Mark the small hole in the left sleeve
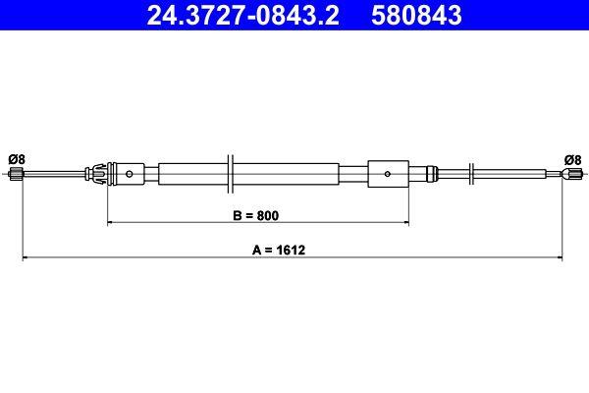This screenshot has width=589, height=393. (x=130, y=176)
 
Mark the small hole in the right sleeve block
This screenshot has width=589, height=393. (x=389, y=176)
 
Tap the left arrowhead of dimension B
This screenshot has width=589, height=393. (x=111, y=223)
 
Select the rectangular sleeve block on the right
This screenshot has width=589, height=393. (x=388, y=176)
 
